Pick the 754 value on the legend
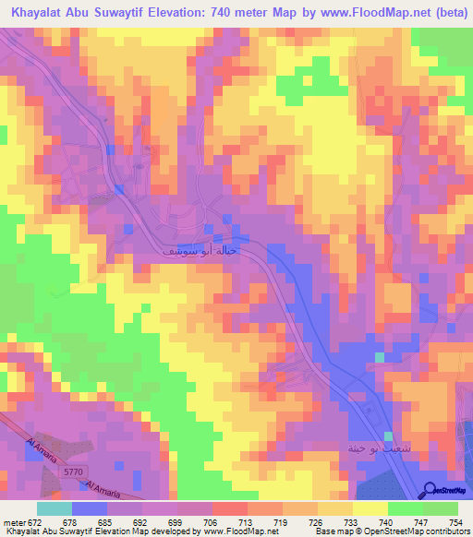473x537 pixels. coord(456,521)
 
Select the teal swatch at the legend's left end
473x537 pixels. coord(54,508)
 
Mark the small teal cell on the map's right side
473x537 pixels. coord(379,356)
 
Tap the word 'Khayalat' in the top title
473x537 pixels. coord(42,13)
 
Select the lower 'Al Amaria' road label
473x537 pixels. coord(103,486)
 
